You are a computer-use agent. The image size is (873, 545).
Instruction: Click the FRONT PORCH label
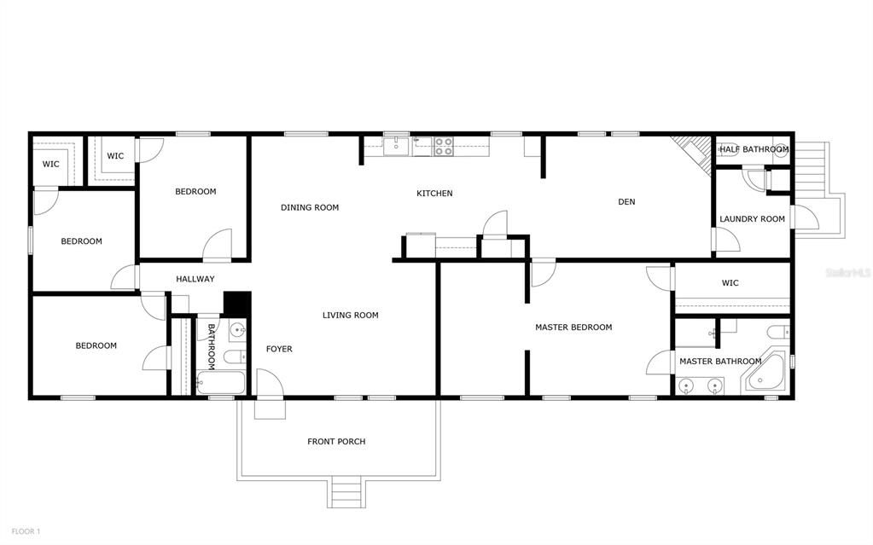tap(336, 442)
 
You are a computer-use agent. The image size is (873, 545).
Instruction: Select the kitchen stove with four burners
tap(444, 147)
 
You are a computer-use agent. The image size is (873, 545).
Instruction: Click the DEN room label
tap(626, 201)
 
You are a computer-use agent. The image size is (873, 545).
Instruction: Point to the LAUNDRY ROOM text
tap(752, 219)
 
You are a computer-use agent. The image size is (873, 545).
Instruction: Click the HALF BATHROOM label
tap(754, 149)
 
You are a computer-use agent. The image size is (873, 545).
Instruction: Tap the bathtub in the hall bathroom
tap(221, 383)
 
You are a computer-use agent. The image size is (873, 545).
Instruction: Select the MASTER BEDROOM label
tap(573, 328)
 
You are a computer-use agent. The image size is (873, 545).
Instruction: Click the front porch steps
tap(346, 491)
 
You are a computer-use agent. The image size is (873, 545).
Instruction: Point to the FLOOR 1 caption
tap(26, 531)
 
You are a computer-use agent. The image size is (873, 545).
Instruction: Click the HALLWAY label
tap(195, 279)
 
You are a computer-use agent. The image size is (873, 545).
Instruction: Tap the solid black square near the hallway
tap(237, 304)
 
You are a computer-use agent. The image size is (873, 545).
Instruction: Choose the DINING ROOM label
tap(310, 207)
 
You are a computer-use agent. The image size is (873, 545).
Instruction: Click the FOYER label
tap(279, 349)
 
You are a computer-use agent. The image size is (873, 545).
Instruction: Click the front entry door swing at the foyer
tap(270, 382)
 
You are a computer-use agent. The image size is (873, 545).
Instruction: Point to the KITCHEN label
tap(434, 193)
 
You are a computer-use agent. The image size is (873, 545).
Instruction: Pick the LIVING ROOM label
tap(350, 315)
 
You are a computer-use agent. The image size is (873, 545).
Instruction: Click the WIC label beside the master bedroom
tap(730, 283)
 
